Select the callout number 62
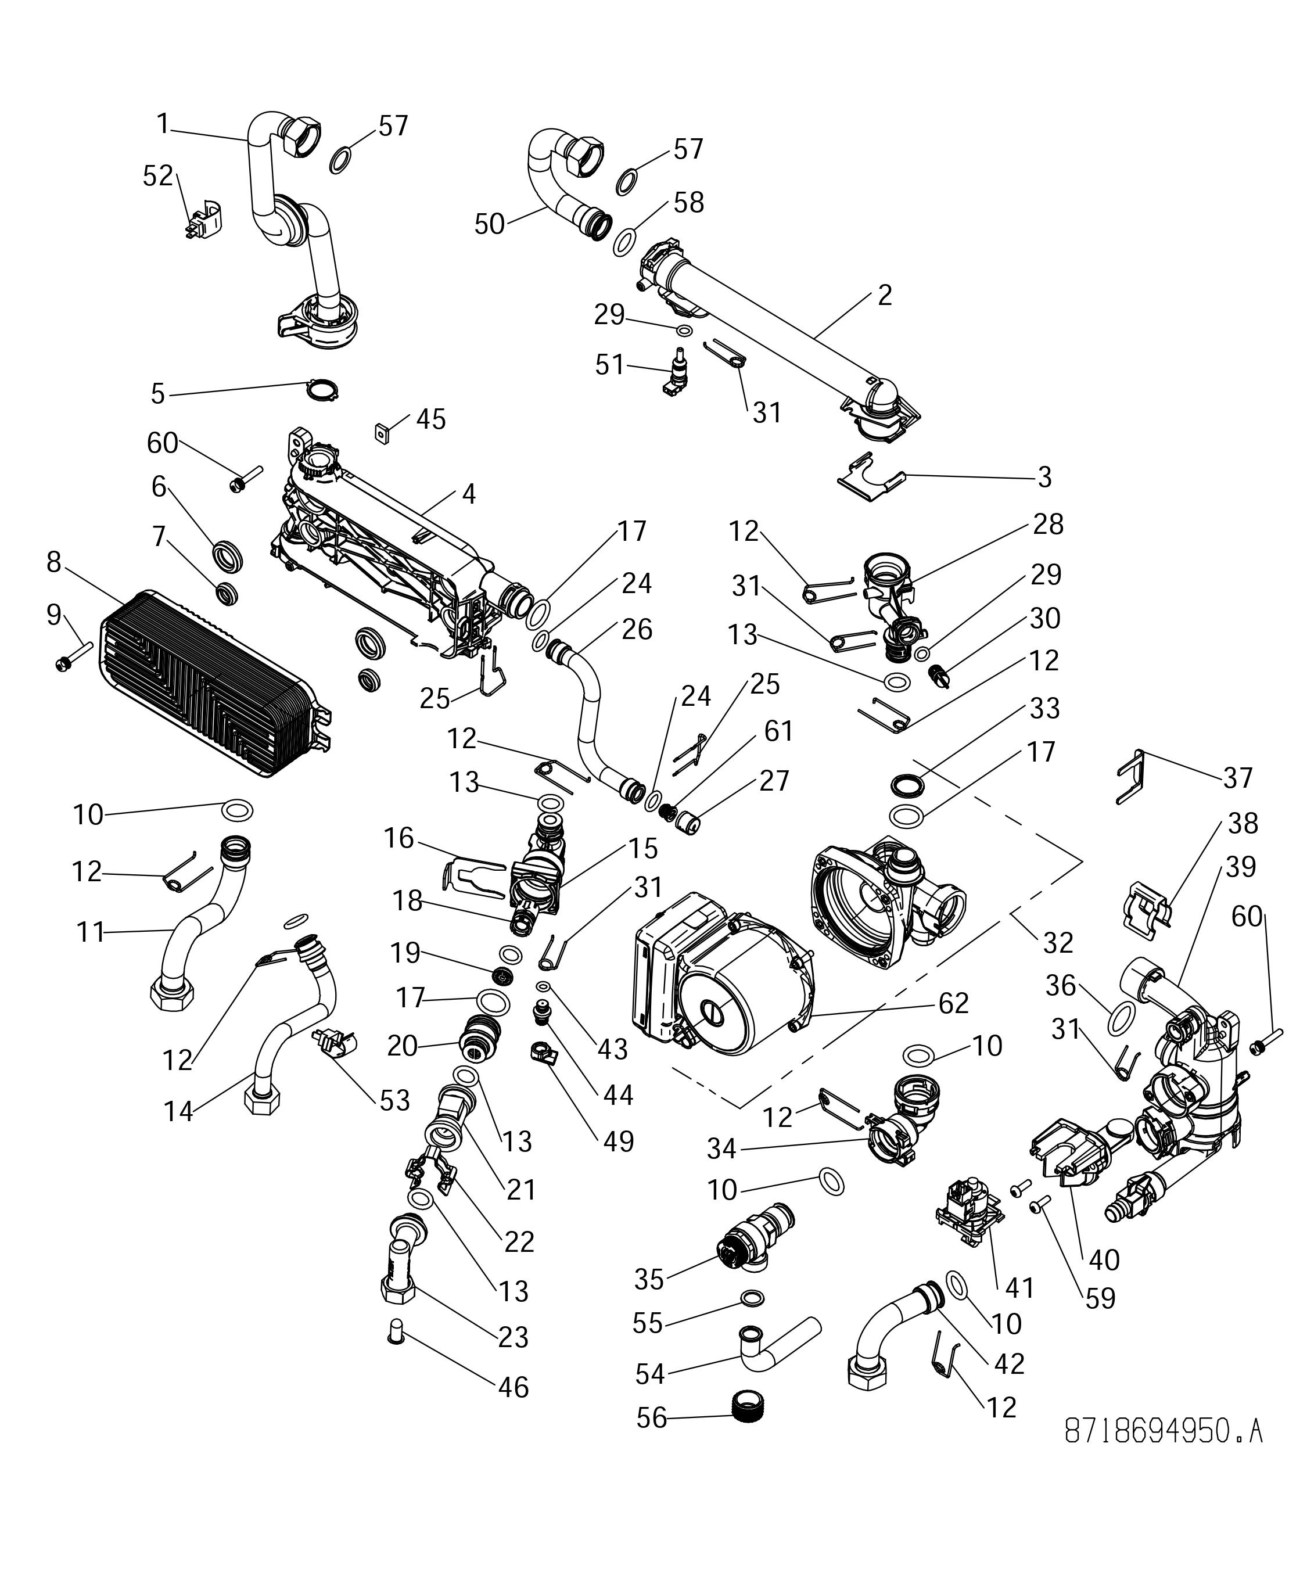tap(953, 1003)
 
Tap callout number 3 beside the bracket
tap(1044, 476)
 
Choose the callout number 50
tap(489, 224)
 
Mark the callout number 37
tap(1237, 778)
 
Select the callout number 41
tap(1019, 1288)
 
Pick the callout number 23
tap(513, 1337)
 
